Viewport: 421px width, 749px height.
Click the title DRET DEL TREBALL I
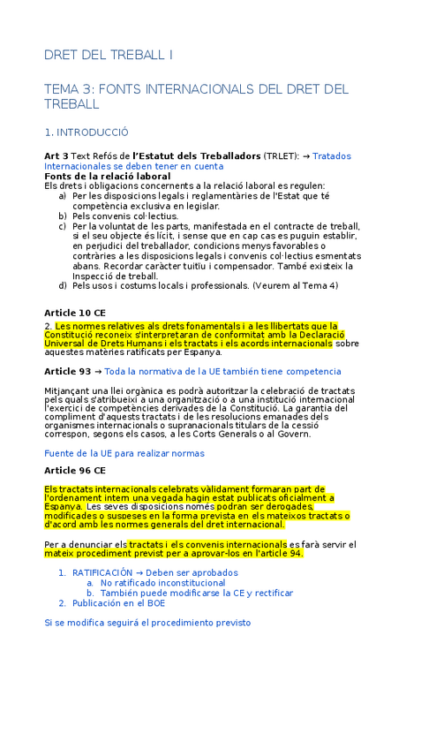[x=109, y=55]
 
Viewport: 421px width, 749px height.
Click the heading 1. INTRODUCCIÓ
[x=86, y=132]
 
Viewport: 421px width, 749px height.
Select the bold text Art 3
[x=56, y=155]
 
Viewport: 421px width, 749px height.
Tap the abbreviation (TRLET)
[x=281, y=155]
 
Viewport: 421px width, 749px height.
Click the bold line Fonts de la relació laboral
[x=107, y=176]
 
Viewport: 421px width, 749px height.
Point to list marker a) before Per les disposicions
[x=63, y=195]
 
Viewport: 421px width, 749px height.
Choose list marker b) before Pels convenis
[x=63, y=216]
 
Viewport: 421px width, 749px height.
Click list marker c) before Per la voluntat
[x=63, y=225]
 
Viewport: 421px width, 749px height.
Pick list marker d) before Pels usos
[x=63, y=285]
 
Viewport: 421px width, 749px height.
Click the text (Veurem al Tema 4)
[x=295, y=285]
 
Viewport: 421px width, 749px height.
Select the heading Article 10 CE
[x=75, y=313]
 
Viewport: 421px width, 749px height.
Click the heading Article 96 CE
[x=75, y=470]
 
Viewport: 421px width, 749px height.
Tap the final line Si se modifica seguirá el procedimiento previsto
[x=147, y=622]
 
